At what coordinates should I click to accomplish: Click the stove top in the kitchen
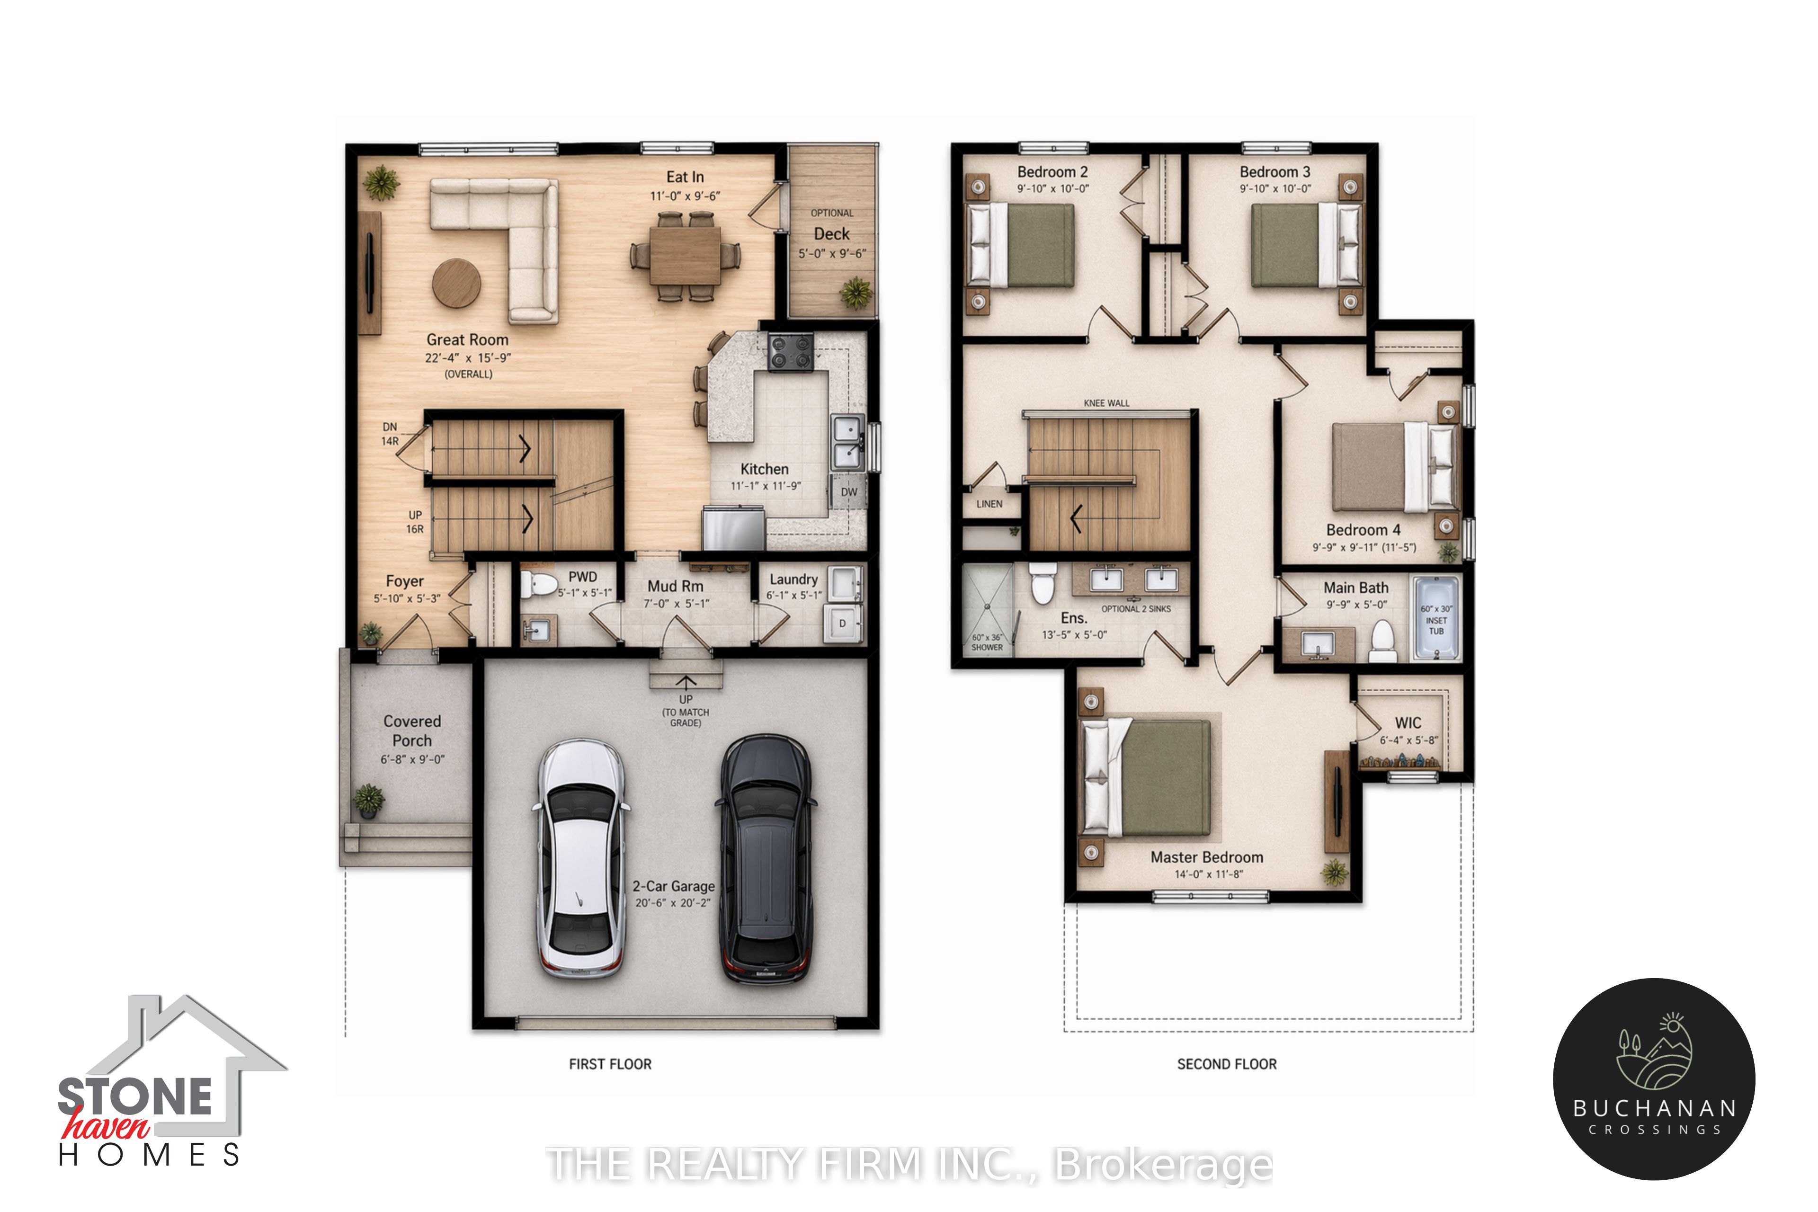click(x=790, y=352)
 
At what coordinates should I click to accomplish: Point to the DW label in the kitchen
click(x=849, y=491)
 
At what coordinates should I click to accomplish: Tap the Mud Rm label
click(x=676, y=587)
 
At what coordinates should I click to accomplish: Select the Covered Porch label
click(x=412, y=731)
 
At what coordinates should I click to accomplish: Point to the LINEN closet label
click(x=989, y=504)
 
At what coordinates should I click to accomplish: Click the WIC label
click(x=1408, y=723)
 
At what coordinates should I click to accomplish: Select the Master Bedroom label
click(x=1207, y=857)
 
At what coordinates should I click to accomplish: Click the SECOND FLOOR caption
click(x=1227, y=1064)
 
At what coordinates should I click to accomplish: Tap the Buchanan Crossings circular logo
click(x=1654, y=1079)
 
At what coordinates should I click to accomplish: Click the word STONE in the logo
click(x=135, y=1097)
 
